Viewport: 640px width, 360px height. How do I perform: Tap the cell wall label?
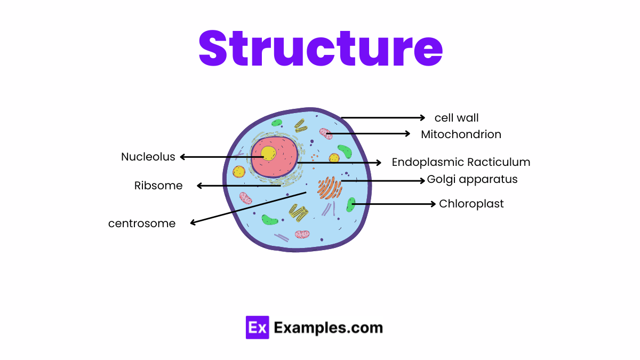pos(456,118)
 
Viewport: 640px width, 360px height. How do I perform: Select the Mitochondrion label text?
pos(461,134)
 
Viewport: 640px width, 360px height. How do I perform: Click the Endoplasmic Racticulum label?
pos(461,162)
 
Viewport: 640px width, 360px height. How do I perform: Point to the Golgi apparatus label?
pos(472,179)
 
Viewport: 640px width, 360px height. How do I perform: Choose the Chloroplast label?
pos(471,204)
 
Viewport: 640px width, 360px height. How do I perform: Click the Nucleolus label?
pos(148,157)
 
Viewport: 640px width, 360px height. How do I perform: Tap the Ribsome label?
pos(158,186)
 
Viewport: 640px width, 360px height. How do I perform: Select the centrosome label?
pos(142,223)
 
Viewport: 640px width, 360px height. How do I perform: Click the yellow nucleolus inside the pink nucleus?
pos(268,154)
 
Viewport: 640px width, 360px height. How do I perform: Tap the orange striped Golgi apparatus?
pos(330,188)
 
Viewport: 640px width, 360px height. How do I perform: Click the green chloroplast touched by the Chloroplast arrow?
pos(350,204)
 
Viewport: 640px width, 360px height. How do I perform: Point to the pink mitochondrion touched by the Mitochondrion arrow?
pos(326,133)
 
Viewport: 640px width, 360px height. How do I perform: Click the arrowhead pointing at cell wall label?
pos(422,118)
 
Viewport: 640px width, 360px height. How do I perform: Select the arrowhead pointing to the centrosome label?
pos(193,223)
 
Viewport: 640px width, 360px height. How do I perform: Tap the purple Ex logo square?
pos(257,327)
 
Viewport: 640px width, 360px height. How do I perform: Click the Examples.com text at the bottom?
pos(328,327)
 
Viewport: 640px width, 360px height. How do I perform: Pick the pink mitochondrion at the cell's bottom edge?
pos(302,234)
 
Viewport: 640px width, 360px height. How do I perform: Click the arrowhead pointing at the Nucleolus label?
pos(182,157)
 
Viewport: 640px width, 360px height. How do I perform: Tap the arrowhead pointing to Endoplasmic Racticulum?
pos(379,162)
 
